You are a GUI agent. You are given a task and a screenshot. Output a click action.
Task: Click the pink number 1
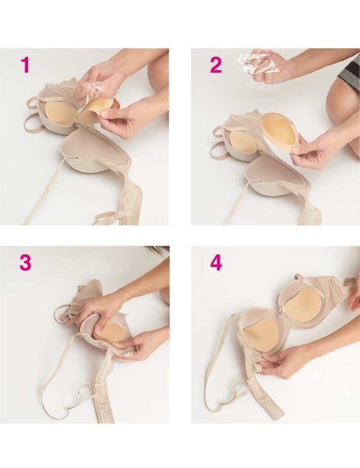pyautogui.click(x=26, y=65)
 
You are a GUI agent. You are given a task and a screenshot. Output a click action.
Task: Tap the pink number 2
pyautogui.click(x=216, y=65)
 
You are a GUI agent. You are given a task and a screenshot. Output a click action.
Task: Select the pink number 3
pyautogui.click(x=25, y=262)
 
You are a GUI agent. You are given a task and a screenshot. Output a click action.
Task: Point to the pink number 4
pyautogui.click(x=217, y=263)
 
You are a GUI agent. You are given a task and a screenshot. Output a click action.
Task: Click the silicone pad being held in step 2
pyautogui.click(x=278, y=132)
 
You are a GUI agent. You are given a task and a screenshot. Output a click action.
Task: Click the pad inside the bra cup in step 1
pyautogui.click(x=58, y=116)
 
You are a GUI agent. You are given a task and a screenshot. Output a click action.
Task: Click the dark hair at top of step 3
pyautogui.click(x=157, y=248)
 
